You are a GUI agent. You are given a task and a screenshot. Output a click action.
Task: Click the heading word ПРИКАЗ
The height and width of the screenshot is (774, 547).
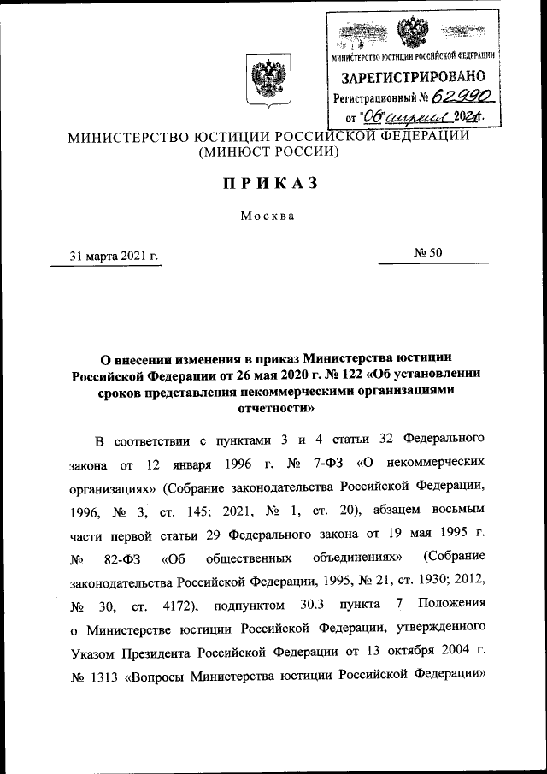(269, 182)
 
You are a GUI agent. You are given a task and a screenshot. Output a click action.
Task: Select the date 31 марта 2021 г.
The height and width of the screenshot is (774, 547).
(115, 255)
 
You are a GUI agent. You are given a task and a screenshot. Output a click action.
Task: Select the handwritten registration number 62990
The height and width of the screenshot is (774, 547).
(462, 97)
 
